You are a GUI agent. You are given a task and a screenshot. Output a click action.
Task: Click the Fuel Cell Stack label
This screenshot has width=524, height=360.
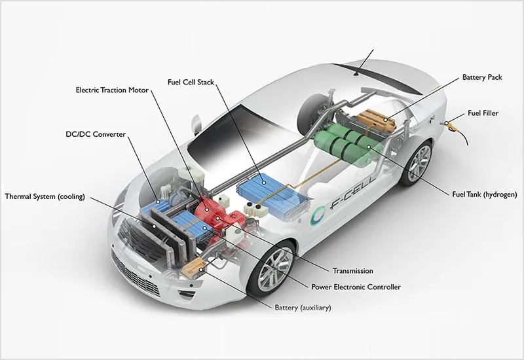(191, 82)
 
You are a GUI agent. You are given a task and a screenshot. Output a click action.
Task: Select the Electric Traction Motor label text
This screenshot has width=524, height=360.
(112, 90)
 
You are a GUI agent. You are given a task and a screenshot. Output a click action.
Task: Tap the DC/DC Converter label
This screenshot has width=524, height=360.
(96, 134)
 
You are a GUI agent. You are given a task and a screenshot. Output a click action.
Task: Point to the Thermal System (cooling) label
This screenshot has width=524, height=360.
(45, 196)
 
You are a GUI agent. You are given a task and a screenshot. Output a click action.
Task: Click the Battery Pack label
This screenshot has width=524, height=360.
(482, 77)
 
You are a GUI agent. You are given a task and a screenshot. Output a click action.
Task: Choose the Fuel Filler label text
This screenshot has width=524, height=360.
(483, 113)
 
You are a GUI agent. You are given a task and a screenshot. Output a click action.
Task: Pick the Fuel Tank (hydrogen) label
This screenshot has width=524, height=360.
(484, 194)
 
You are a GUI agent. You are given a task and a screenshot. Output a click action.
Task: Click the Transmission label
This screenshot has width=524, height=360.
(352, 271)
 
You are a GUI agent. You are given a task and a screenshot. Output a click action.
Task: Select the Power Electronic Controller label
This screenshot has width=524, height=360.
(356, 287)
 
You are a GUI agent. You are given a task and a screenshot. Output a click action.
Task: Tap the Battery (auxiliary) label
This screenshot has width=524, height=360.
(303, 308)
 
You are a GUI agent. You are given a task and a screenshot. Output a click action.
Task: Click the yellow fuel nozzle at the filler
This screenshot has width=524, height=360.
(451, 126)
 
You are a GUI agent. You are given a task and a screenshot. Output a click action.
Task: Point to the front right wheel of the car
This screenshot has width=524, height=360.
(271, 268)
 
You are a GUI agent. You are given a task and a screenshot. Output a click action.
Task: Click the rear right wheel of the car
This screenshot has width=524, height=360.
(417, 164)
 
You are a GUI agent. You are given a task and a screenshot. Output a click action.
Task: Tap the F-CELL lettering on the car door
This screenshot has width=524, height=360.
(352, 194)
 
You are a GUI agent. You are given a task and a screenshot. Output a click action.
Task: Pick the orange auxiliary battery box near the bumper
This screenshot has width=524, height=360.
(193, 268)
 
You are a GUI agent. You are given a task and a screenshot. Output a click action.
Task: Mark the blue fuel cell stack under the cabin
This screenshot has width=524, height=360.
(271, 194)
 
